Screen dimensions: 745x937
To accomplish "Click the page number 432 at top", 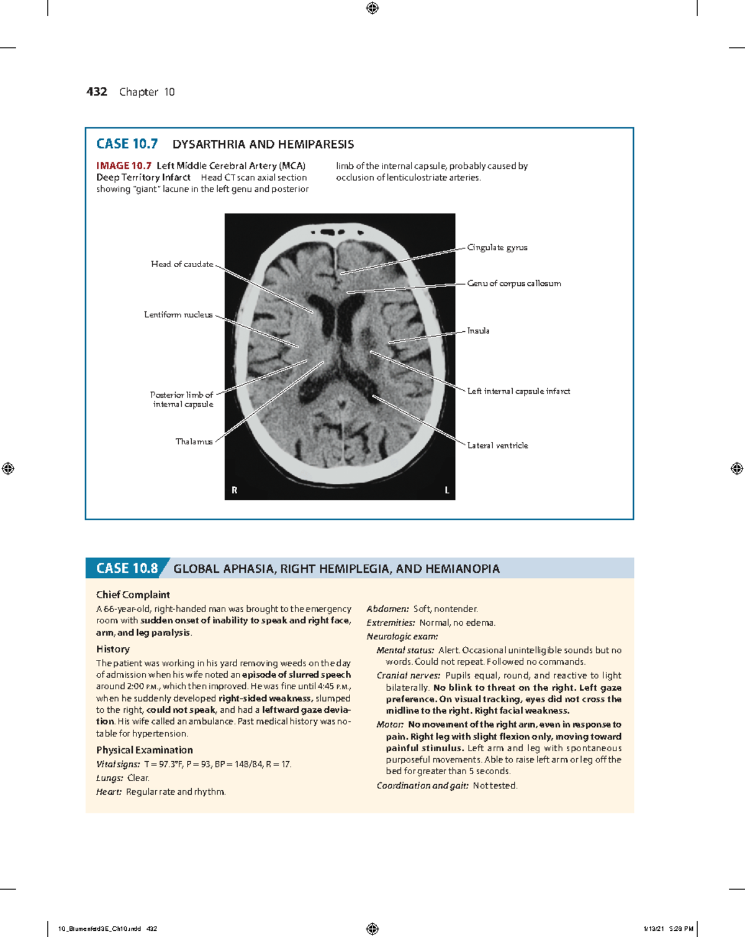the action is [x=96, y=92].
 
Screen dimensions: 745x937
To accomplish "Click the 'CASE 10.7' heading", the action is [x=127, y=144].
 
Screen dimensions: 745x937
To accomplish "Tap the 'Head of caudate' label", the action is [x=182, y=264].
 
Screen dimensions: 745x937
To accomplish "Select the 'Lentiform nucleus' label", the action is [x=178, y=314].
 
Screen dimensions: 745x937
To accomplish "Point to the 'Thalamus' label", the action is [x=194, y=442].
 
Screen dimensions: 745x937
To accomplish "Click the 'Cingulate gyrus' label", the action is [x=497, y=247].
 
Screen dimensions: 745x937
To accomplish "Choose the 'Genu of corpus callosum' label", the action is [x=514, y=283].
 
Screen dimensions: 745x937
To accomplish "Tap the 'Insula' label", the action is [x=478, y=331].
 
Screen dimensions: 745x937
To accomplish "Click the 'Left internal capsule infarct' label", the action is [x=518, y=391].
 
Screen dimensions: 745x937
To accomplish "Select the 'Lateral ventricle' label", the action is [x=497, y=446].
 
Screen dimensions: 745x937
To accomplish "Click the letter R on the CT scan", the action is [x=235, y=490].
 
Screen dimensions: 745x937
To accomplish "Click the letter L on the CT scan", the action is [x=446, y=490].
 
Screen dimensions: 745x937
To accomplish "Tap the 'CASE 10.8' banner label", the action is [x=127, y=569].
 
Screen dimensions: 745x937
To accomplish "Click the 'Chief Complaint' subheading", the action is [x=133, y=595].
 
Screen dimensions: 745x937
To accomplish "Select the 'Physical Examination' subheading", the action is [x=145, y=750].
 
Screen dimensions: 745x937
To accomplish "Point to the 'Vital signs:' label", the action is [x=118, y=764].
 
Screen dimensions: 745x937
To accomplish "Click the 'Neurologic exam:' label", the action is [x=402, y=636].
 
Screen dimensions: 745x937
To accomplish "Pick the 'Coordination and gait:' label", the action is [x=423, y=785].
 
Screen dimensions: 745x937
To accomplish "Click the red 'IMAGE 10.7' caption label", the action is [x=124, y=166].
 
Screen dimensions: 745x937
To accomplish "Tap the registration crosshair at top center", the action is [x=372, y=8].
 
